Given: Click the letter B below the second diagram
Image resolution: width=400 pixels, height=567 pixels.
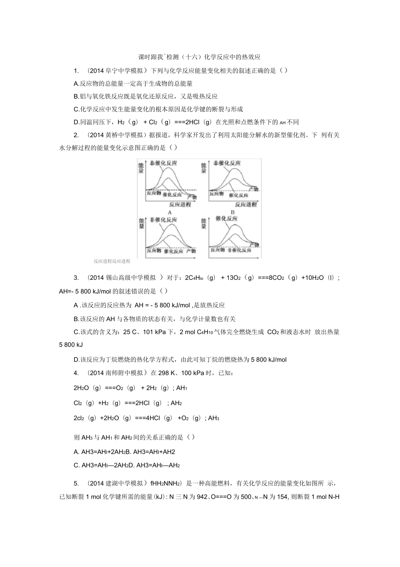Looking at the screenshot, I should coord(233,212).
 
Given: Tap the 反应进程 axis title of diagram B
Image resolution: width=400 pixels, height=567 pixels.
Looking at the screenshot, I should coord(246,205).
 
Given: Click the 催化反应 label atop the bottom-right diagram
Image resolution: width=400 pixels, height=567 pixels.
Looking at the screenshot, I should coord(227,218).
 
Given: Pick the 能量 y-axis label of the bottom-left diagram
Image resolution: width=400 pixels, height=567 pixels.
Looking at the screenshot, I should coord(140,223).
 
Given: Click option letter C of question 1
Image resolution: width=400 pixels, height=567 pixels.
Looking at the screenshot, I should coord(77,109).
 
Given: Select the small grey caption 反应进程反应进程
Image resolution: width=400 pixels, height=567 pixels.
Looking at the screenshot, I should coord(112,262).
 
